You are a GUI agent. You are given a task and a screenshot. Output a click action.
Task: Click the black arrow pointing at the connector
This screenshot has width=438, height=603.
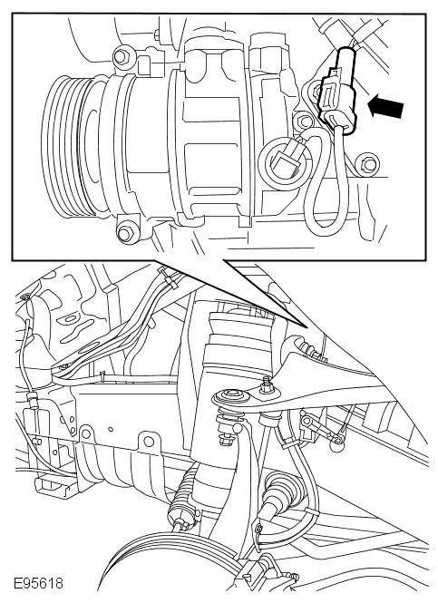pyautogui.click(x=385, y=107)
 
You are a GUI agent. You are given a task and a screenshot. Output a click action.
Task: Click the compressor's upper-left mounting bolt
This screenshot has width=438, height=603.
pyautogui.click(x=121, y=57)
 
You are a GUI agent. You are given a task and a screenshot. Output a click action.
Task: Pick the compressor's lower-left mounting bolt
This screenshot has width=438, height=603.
pyautogui.click(x=126, y=233)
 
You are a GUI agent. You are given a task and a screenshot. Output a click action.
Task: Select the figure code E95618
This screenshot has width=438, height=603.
pyautogui.click(x=38, y=583)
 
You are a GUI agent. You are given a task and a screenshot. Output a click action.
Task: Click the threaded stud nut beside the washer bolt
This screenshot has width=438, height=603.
pyautogui.click(x=267, y=385)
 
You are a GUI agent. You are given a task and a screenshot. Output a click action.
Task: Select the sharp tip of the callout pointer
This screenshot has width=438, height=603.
pyautogui.click(x=307, y=328)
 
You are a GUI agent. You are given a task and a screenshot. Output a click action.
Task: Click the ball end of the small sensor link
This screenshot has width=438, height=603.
pyautogui.click(x=337, y=446)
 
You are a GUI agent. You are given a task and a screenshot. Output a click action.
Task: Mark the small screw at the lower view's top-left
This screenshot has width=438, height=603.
pyautogui.click(x=25, y=297)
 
